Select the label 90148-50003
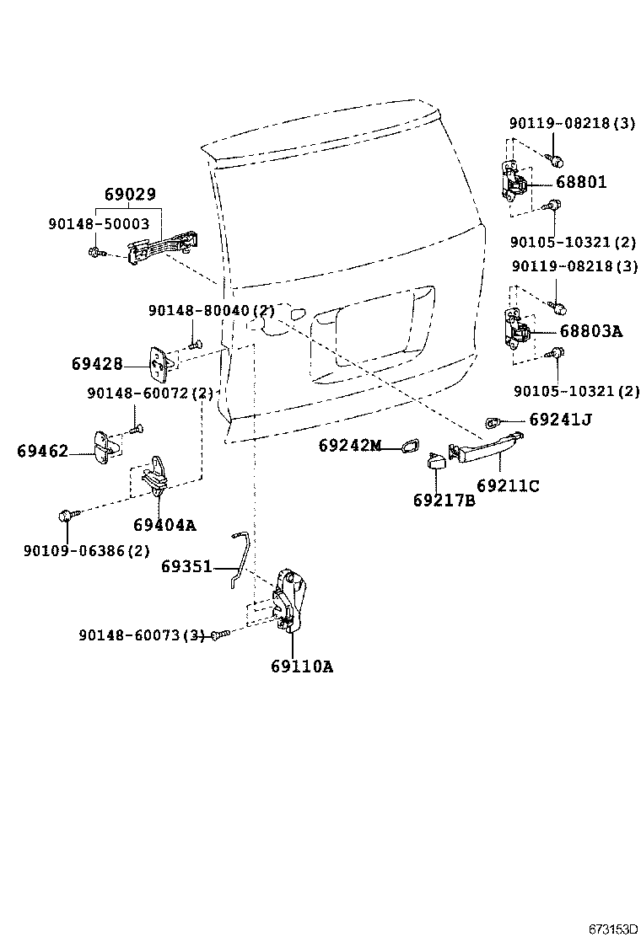click(99, 224)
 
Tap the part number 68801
click(581, 182)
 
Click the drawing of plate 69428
click(161, 363)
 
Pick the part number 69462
click(42, 451)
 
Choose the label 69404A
click(164, 525)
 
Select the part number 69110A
click(302, 667)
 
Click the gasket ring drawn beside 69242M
click(410, 445)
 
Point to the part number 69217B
click(444, 500)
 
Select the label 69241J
click(561, 419)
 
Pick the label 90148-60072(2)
click(150, 394)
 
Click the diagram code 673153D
click(612, 929)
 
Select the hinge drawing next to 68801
click(515, 181)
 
